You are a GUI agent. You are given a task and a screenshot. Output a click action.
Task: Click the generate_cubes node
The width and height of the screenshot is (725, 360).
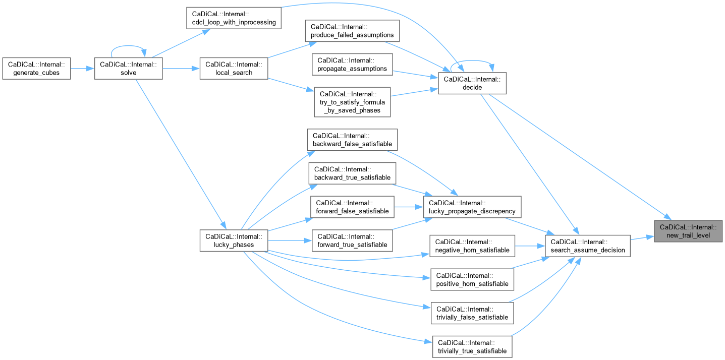click(x=36, y=68)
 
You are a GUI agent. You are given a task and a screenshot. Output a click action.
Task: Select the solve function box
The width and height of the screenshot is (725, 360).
click(x=129, y=68)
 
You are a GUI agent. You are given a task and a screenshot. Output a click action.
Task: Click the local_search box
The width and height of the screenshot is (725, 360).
click(x=233, y=68)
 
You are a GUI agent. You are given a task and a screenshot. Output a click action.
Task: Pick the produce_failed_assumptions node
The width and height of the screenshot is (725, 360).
click(x=353, y=30)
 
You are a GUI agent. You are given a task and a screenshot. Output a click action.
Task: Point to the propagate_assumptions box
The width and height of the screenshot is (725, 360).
click(x=352, y=64)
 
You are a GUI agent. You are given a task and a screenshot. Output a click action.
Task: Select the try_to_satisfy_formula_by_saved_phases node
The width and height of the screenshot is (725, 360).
click(x=352, y=102)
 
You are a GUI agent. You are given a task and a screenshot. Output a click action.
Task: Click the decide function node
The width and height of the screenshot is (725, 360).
click(x=472, y=83)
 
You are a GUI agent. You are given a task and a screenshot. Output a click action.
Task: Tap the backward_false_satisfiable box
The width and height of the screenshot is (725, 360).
click(x=352, y=140)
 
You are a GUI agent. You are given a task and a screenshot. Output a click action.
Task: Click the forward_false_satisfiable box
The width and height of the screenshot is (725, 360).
click(x=352, y=207)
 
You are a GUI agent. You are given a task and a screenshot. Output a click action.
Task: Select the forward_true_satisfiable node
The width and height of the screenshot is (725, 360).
click(x=352, y=241)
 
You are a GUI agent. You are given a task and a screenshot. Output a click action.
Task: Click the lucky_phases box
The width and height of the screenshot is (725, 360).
click(x=233, y=241)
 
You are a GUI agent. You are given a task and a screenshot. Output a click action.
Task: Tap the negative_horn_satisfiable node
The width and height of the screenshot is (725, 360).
click(x=471, y=246)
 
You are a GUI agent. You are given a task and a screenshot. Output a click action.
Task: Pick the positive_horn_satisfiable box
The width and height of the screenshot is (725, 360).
click(x=472, y=279)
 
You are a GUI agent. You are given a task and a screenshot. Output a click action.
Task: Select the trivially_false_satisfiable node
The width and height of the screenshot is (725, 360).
click(x=472, y=313)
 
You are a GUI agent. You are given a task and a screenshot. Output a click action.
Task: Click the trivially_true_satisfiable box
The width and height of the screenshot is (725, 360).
click(x=472, y=346)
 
